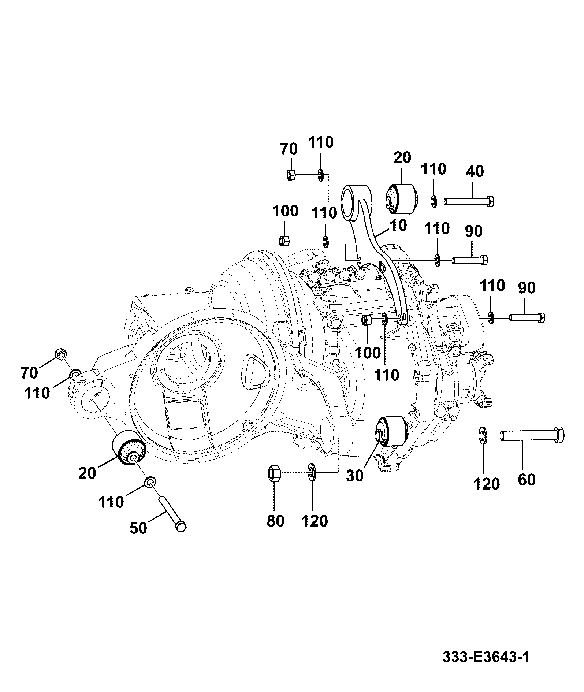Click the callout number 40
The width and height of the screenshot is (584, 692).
475,171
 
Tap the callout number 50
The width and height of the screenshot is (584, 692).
139,528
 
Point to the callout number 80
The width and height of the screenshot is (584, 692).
275,520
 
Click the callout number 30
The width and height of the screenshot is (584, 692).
354,476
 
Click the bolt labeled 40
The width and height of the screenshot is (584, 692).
469,201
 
